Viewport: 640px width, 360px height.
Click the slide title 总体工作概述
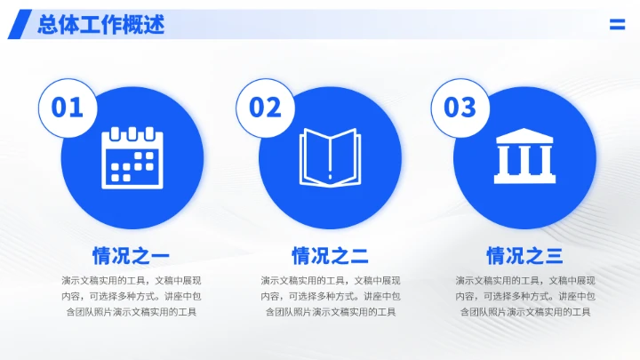tap(100, 25)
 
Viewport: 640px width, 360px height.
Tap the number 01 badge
tap(68, 108)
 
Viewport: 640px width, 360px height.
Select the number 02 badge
tap(264, 108)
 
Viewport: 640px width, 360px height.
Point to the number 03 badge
tap(460, 108)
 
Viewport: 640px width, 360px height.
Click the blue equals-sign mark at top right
tap(617, 25)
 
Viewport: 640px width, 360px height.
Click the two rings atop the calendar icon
tap(134, 133)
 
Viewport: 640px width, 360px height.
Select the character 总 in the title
tap(48, 25)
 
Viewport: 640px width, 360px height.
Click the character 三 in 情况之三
tap(553, 257)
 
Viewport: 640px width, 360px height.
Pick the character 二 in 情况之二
tap(358, 257)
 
